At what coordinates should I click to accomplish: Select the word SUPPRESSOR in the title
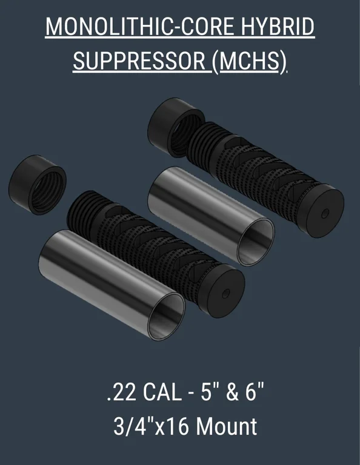click(139, 61)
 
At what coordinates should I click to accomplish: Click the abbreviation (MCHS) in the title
click(249, 61)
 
